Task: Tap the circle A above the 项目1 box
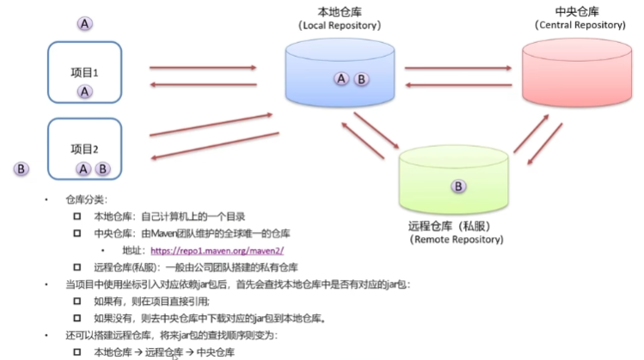pos(84,24)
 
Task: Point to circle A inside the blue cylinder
pos(341,79)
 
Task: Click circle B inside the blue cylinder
pos(361,79)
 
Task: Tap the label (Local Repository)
pos(340,27)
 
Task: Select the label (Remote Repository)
pos(456,240)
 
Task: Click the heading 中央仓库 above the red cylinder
pos(578,11)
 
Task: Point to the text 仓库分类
pos(85,199)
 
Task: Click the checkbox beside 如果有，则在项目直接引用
pos(77,302)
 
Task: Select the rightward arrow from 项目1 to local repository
pos(203,68)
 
